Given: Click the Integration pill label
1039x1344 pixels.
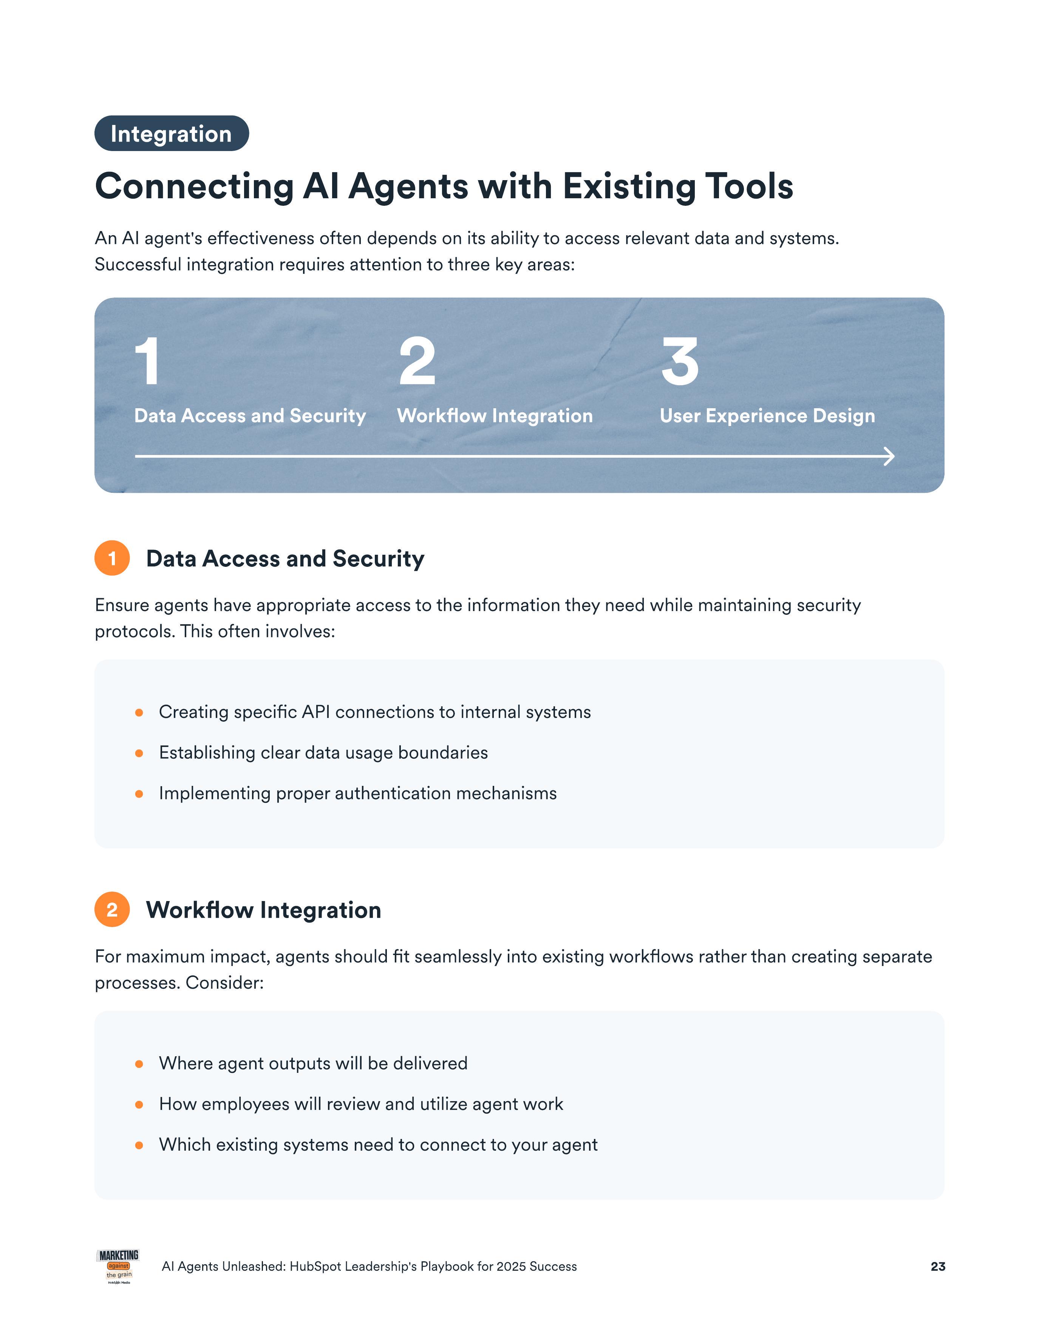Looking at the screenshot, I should click(171, 134).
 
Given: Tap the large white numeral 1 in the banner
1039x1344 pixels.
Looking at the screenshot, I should click(148, 362).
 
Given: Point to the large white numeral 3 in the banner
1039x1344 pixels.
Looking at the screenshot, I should click(680, 362).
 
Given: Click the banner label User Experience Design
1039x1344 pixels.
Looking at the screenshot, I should click(767, 416).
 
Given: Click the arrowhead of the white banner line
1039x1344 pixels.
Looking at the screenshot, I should click(888, 457).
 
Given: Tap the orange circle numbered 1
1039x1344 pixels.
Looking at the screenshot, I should click(112, 558).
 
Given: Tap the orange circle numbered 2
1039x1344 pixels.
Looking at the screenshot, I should click(112, 910).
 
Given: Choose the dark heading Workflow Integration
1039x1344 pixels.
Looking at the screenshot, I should click(263, 910).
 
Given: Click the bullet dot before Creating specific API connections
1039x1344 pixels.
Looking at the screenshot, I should click(139, 713).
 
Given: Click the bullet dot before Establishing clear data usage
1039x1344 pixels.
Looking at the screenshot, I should click(139, 753).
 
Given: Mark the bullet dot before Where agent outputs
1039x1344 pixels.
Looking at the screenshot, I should click(139, 1064).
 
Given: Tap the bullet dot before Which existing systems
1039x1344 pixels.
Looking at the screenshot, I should click(139, 1145).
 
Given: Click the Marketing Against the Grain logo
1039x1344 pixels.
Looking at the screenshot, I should click(118, 1267).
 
